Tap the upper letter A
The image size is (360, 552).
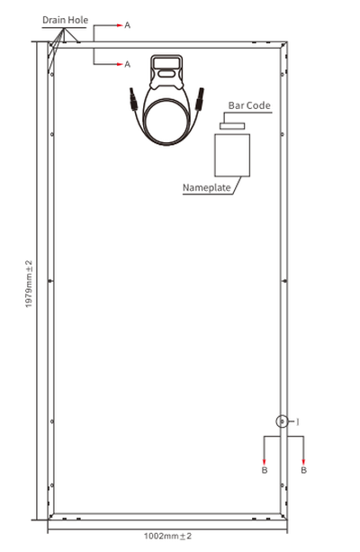(x=127, y=25)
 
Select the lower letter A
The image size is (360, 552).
(x=127, y=64)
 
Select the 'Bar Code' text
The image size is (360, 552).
(x=249, y=106)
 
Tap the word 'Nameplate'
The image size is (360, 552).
(x=207, y=189)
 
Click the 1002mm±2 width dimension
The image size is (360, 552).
(x=168, y=536)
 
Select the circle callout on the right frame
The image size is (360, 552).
(x=281, y=421)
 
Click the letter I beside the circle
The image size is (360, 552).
(x=297, y=421)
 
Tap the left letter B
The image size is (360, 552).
(x=264, y=470)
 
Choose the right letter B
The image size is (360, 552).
(x=303, y=470)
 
